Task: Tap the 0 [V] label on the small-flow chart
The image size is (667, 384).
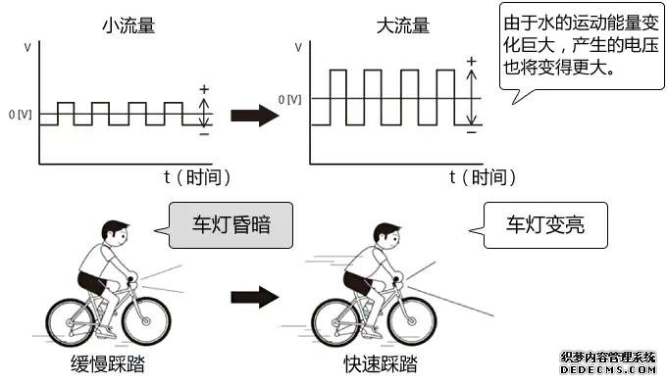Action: (21, 115)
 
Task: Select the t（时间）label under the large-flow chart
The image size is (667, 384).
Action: (482, 177)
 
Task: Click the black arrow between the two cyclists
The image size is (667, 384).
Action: (249, 295)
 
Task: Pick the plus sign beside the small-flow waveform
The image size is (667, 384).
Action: (204, 89)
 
